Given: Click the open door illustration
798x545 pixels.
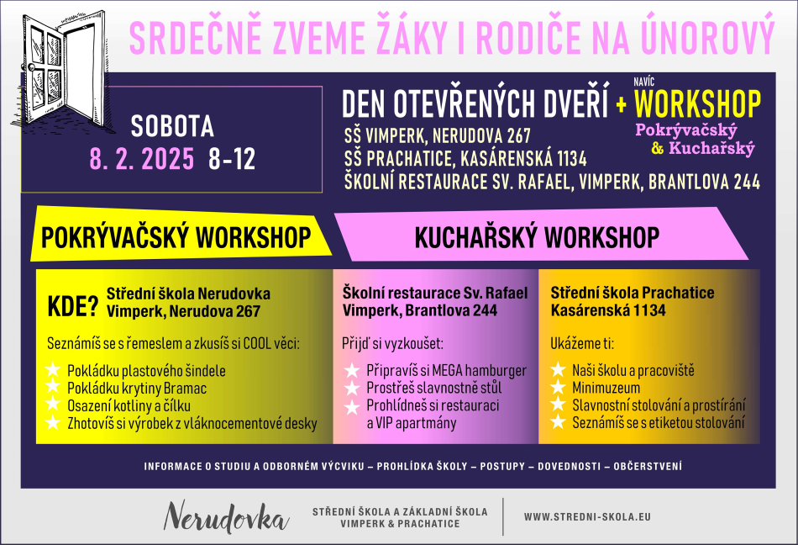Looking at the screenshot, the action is click(61, 71).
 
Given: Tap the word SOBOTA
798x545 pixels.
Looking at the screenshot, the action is click(172, 126).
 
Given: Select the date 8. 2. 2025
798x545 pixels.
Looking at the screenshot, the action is click(142, 159).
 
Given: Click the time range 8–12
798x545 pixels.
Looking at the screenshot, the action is click(232, 159).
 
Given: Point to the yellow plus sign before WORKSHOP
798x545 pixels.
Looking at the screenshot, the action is click(621, 104).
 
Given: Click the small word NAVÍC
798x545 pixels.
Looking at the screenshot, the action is click(643, 82).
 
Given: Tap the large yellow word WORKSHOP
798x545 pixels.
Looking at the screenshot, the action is click(697, 104).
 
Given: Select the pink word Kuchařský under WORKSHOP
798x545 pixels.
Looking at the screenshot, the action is click(711, 148).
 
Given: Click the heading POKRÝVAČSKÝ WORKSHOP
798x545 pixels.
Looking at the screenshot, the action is click(176, 237).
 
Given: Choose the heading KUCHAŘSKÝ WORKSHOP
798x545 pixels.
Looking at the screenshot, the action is click(537, 237).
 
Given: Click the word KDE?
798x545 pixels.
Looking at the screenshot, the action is click(72, 307).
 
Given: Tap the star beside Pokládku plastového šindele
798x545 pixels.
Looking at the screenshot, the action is click(53, 370).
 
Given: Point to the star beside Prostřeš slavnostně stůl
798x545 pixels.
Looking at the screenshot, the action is click(352, 388).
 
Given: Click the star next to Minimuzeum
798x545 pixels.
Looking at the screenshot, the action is click(558, 388).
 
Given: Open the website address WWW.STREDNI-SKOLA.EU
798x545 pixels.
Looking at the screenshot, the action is click(587, 517).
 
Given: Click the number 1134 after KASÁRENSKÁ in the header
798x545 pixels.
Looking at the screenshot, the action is click(571, 159).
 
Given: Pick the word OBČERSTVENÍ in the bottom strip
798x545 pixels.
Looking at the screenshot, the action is click(648, 466).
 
